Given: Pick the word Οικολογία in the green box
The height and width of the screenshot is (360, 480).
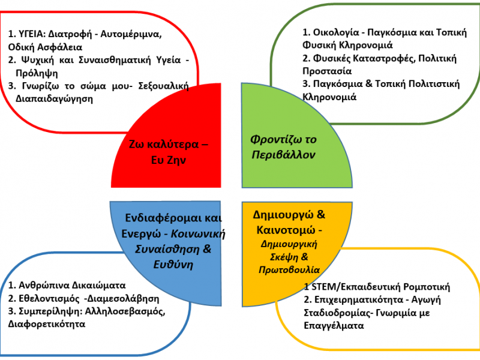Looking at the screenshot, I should [327, 32].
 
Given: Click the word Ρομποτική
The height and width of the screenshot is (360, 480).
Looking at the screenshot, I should [428, 287].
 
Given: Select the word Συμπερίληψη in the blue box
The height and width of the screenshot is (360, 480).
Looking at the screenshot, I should [48, 311].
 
